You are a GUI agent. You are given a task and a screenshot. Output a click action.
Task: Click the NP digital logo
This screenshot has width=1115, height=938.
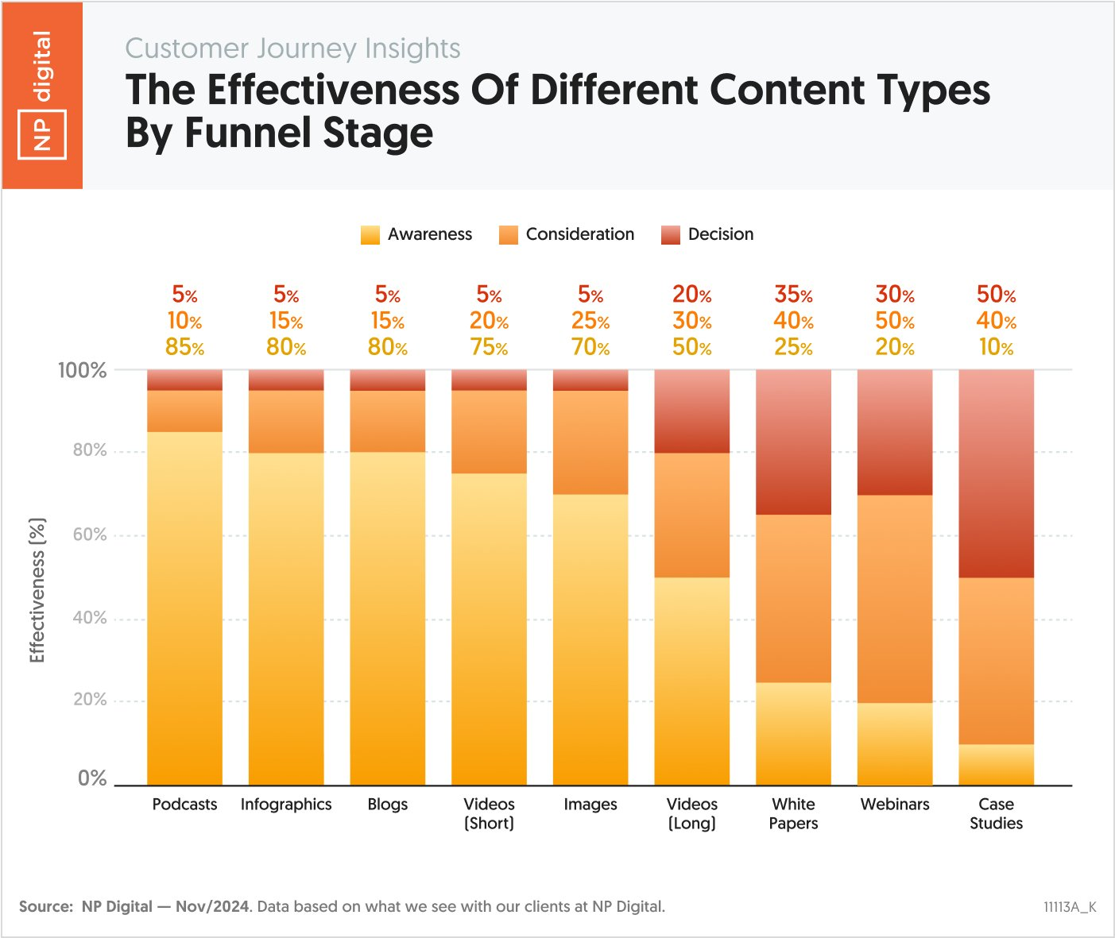click(42, 95)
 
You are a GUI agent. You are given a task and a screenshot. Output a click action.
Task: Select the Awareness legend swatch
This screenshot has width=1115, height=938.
click(370, 234)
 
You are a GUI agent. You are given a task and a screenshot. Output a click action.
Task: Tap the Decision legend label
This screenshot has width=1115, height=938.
click(720, 234)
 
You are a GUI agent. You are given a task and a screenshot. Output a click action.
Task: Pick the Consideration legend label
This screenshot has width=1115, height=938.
click(579, 234)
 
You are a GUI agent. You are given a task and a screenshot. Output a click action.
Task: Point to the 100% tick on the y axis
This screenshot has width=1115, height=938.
click(82, 370)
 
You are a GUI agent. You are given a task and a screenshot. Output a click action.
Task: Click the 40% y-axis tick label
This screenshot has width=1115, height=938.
click(89, 618)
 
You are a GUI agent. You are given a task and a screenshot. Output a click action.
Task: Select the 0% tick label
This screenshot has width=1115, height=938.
click(92, 778)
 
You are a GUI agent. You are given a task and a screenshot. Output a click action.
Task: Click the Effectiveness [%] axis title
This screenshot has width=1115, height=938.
click(37, 590)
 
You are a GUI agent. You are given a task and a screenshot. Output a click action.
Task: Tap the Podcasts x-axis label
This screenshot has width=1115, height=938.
click(184, 805)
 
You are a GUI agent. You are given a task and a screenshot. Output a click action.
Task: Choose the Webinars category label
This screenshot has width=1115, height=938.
click(894, 805)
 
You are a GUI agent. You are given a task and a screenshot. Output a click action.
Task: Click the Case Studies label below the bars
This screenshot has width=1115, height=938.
click(996, 813)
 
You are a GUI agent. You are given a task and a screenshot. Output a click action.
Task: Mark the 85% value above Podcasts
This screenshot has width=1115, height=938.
click(184, 347)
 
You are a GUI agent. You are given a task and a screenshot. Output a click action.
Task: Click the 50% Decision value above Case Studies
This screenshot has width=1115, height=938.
click(996, 295)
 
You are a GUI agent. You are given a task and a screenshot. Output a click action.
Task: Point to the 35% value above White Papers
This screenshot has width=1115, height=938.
click(793, 295)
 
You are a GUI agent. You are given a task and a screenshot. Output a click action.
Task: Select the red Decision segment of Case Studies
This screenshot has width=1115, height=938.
click(996, 473)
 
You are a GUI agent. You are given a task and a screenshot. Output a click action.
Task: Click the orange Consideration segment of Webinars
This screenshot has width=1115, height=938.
click(894, 599)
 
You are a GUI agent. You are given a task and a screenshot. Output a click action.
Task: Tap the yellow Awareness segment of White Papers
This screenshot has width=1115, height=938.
click(793, 734)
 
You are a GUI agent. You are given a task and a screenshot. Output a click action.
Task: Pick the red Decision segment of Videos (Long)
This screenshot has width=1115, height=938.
click(691, 411)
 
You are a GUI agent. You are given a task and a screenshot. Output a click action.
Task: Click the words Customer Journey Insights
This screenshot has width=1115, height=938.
click(292, 48)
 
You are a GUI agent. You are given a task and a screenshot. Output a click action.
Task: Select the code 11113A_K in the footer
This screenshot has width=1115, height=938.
click(1070, 907)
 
